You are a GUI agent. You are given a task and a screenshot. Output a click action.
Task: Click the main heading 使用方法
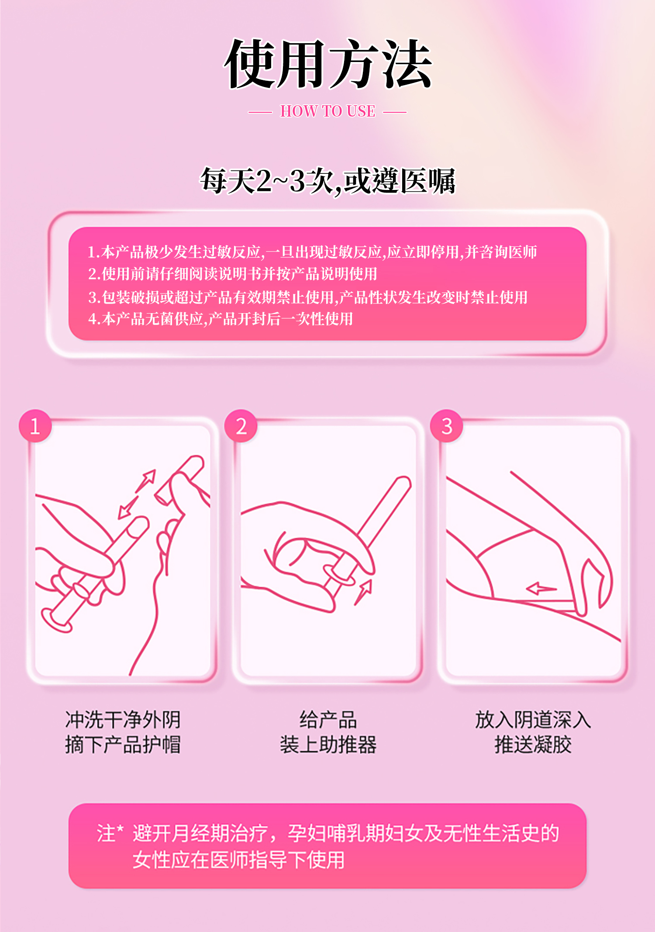(328, 64)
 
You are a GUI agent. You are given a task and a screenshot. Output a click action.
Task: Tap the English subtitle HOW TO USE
(327, 111)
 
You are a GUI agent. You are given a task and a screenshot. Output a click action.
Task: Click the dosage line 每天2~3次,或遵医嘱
(328, 181)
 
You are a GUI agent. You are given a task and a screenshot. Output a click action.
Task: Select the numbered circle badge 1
(35, 426)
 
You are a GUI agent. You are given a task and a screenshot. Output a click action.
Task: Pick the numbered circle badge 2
(241, 426)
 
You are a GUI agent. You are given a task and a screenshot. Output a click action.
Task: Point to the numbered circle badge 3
(447, 426)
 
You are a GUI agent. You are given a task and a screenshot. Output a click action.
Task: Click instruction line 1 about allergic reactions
(312, 252)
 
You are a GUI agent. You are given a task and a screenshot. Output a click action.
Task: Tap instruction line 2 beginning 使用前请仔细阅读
(233, 274)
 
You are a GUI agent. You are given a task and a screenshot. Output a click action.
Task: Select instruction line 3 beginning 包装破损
(308, 297)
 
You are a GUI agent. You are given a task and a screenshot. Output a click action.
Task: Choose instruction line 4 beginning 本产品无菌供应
(221, 319)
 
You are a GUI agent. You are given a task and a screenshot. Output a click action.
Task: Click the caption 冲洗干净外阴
(123, 720)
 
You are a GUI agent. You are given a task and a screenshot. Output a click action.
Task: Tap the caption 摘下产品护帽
(123, 745)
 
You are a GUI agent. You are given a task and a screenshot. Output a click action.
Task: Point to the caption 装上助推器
(328, 745)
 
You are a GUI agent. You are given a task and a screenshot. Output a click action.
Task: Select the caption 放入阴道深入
(533, 720)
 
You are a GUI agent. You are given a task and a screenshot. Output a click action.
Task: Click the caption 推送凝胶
(533, 745)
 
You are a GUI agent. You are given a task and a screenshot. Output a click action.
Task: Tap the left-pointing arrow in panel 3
(541, 589)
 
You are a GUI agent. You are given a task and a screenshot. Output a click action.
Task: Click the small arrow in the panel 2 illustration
(363, 592)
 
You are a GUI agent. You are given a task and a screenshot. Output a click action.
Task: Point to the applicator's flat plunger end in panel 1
(56, 620)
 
